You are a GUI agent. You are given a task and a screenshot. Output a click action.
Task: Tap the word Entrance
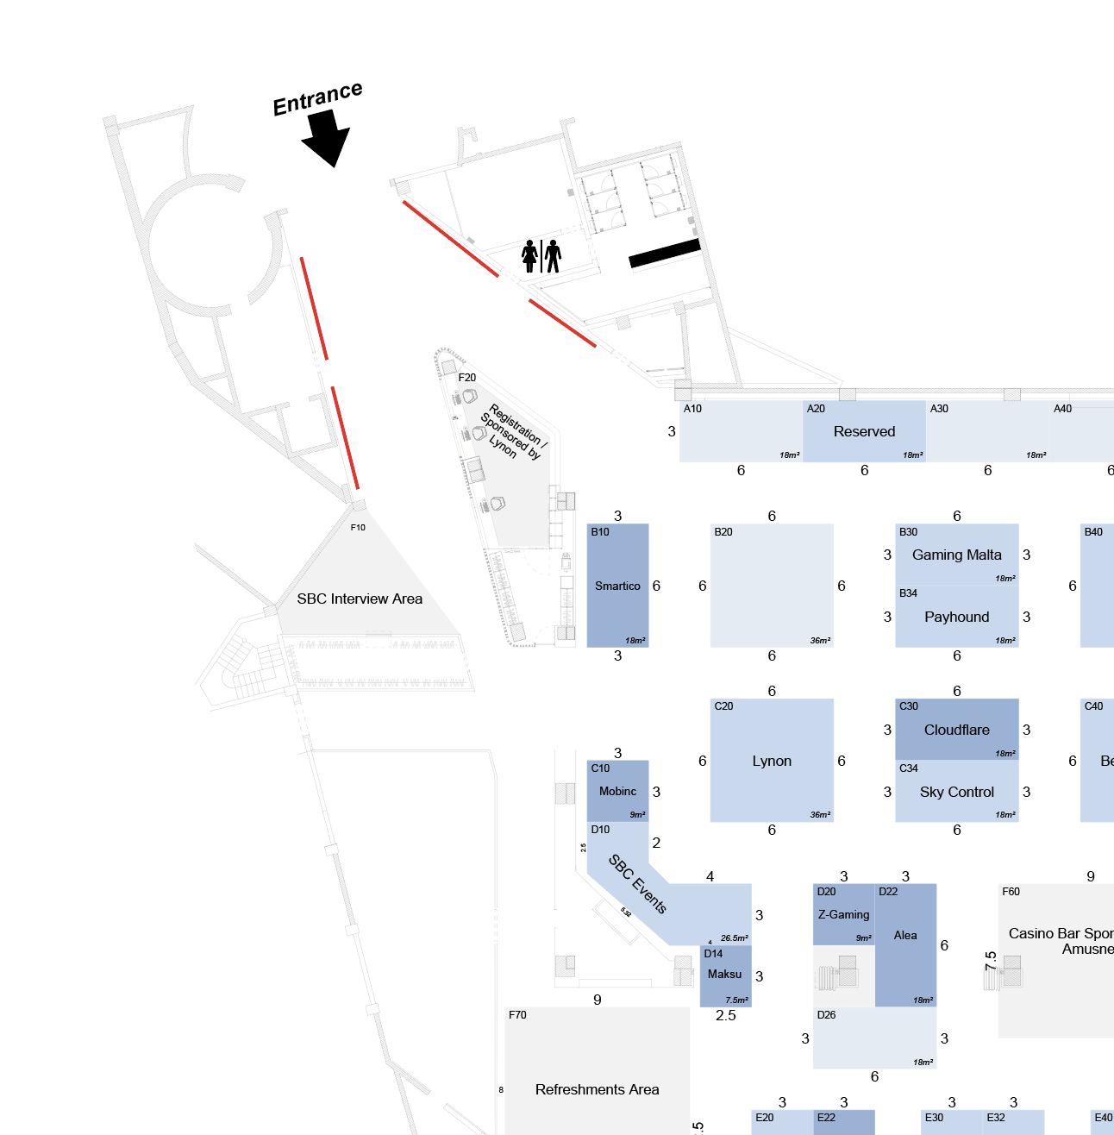[317, 98]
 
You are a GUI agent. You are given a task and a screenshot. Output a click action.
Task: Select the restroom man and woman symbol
[541, 256]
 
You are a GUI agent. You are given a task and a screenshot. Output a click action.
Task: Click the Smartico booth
[617, 586]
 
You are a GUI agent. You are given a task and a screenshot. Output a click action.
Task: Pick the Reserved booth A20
[864, 431]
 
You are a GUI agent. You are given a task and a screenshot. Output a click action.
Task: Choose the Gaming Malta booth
[956, 555]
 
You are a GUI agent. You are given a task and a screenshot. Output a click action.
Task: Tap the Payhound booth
[956, 617]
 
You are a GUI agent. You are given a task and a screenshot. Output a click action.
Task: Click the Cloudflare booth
[956, 730]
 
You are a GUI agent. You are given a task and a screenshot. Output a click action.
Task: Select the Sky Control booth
[956, 792]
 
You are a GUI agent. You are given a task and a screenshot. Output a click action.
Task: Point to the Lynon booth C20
[772, 761]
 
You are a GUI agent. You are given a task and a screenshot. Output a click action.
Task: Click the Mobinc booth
[617, 791]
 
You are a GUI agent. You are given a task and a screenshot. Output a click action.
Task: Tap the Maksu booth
[724, 975]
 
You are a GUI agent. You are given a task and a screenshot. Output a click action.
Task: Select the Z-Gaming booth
[843, 914]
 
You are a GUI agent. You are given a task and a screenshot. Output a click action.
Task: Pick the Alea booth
[905, 936]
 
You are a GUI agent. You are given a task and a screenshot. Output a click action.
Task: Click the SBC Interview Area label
[360, 599]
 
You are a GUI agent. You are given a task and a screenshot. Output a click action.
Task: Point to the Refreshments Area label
[597, 1090]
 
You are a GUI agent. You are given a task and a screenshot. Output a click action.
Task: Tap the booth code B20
[723, 532]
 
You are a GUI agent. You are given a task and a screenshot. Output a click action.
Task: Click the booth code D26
[826, 1015]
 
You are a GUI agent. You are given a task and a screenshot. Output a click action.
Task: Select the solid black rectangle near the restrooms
[664, 254]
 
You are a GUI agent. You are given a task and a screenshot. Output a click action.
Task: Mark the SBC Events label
[638, 884]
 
